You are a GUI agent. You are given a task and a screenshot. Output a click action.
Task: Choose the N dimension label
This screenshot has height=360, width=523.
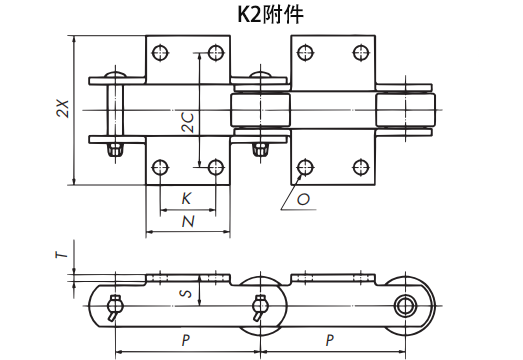[187, 221]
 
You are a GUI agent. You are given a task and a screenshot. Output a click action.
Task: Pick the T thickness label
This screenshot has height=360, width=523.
[63, 257]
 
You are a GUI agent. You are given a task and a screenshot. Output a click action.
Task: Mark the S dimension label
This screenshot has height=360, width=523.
[184, 293]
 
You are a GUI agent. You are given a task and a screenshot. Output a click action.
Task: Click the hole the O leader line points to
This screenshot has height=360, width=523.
[302, 166]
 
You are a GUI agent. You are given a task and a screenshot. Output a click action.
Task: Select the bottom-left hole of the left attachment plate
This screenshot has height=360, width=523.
[159, 166]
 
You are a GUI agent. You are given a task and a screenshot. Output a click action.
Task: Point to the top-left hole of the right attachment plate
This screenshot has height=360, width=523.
[302, 52]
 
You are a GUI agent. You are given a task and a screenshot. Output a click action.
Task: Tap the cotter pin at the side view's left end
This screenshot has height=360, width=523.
[116, 304]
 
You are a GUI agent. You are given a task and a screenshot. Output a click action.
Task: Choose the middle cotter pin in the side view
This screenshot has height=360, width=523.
[260, 305]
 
